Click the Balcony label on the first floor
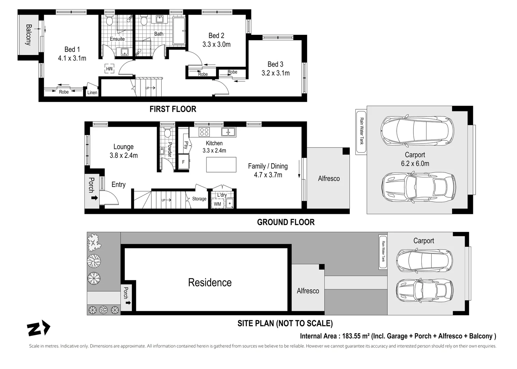(28, 35)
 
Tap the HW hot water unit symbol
(109, 69)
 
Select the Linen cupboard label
(92, 93)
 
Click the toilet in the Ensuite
(109, 20)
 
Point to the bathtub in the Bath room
(179, 31)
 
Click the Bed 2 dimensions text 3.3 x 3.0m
(217, 44)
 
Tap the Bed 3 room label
(275, 64)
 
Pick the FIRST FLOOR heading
(173, 109)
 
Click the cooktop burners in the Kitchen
(204, 132)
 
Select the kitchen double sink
(228, 132)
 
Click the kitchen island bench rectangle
(221, 165)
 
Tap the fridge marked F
(184, 162)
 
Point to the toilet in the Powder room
(167, 132)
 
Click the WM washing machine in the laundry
(217, 204)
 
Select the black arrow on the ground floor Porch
(95, 198)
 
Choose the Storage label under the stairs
(199, 199)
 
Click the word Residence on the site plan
(210, 283)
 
